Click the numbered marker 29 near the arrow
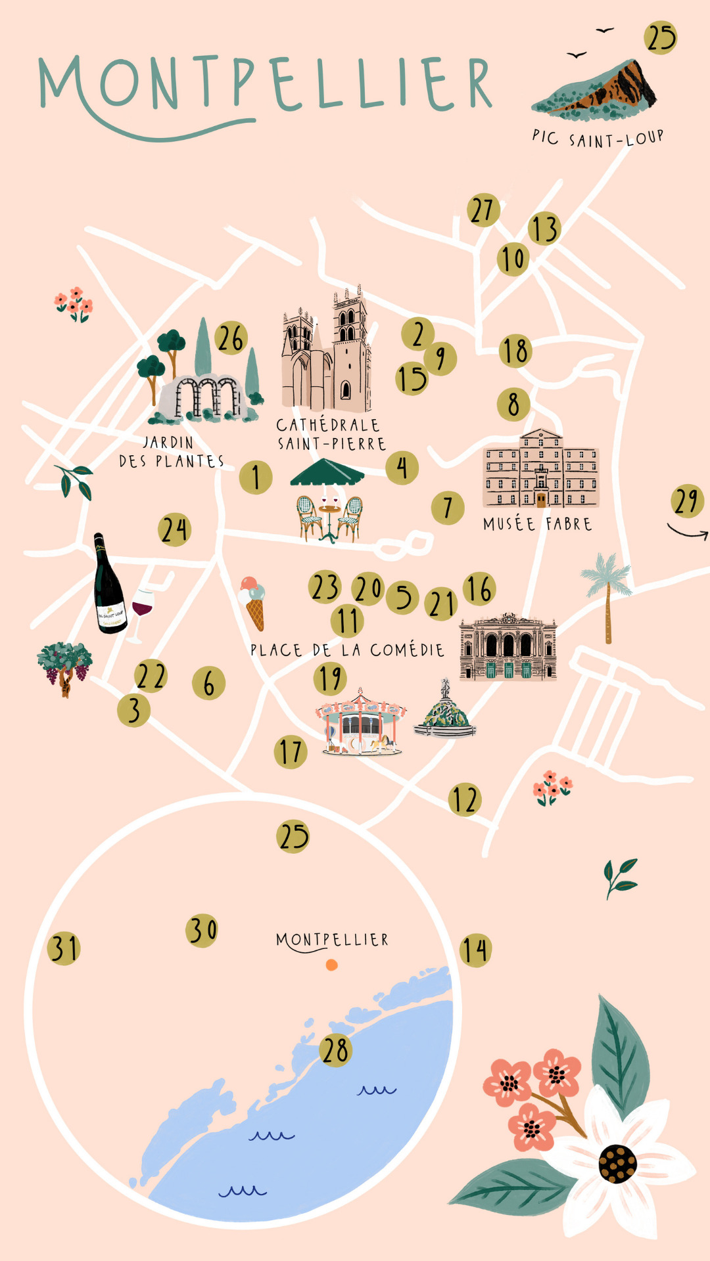pos(688,501)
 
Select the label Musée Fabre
pos(538,524)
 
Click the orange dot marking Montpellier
pos(332,965)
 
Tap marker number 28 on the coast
pos(336,1050)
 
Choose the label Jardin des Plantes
pos(170,452)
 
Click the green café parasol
pos(327,473)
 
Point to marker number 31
pos(64,948)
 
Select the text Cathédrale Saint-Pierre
pos(331,434)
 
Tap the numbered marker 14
pos(475,950)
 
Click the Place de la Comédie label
pos(347,650)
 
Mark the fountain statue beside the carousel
pos(446,713)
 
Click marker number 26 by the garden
pos(231,338)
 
